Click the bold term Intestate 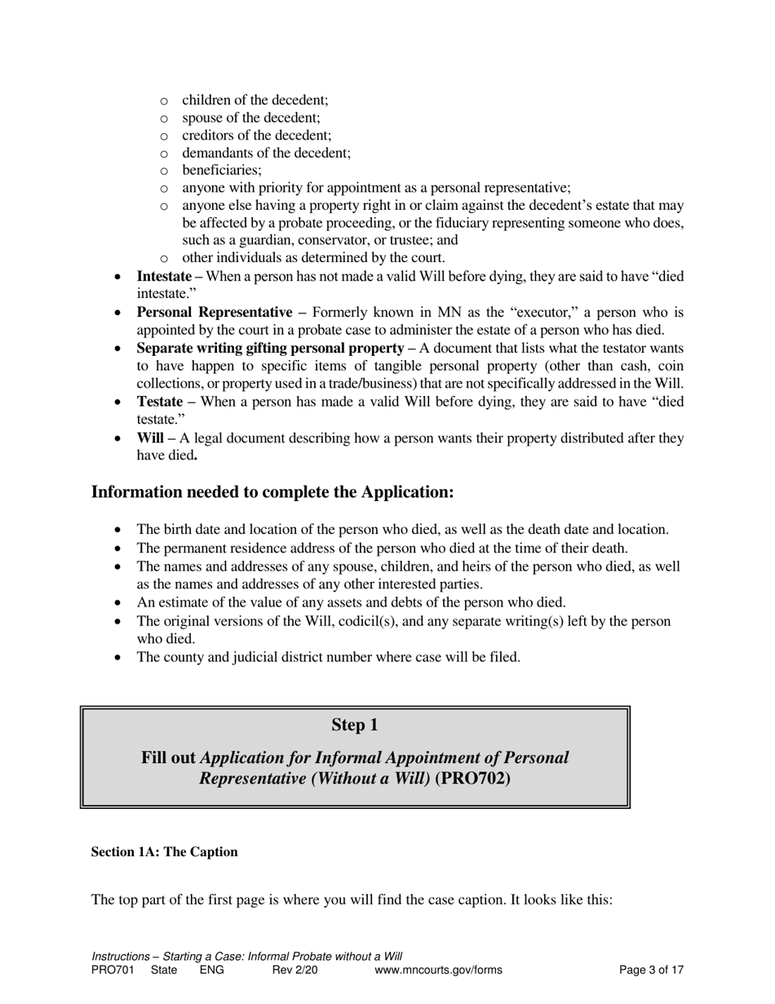pyautogui.click(x=164, y=277)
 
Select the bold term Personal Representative pyautogui.click(x=214, y=313)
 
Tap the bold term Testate pyautogui.click(x=159, y=402)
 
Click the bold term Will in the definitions pyautogui.click(x=150, y=438)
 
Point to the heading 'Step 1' pyautogui.click(x=354, y=725)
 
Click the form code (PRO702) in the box pyautogui.click(x=472, y=778)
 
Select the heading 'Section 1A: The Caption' pyautogui.click(x=164, y=852)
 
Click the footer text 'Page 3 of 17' pyautogui.click(x=651, y=971)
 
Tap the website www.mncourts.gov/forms pyautogui.click(x=438, y=971)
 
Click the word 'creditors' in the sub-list pyautogui.click(x=208, y=135)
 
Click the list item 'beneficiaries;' pyautogui.click(x=222, y=171)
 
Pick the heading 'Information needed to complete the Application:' pyautogui.click(x=272, y=492)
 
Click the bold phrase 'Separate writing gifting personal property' pyautogui.click(x=270, y=349)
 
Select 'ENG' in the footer pyautogui.click(x=211, y=971)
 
